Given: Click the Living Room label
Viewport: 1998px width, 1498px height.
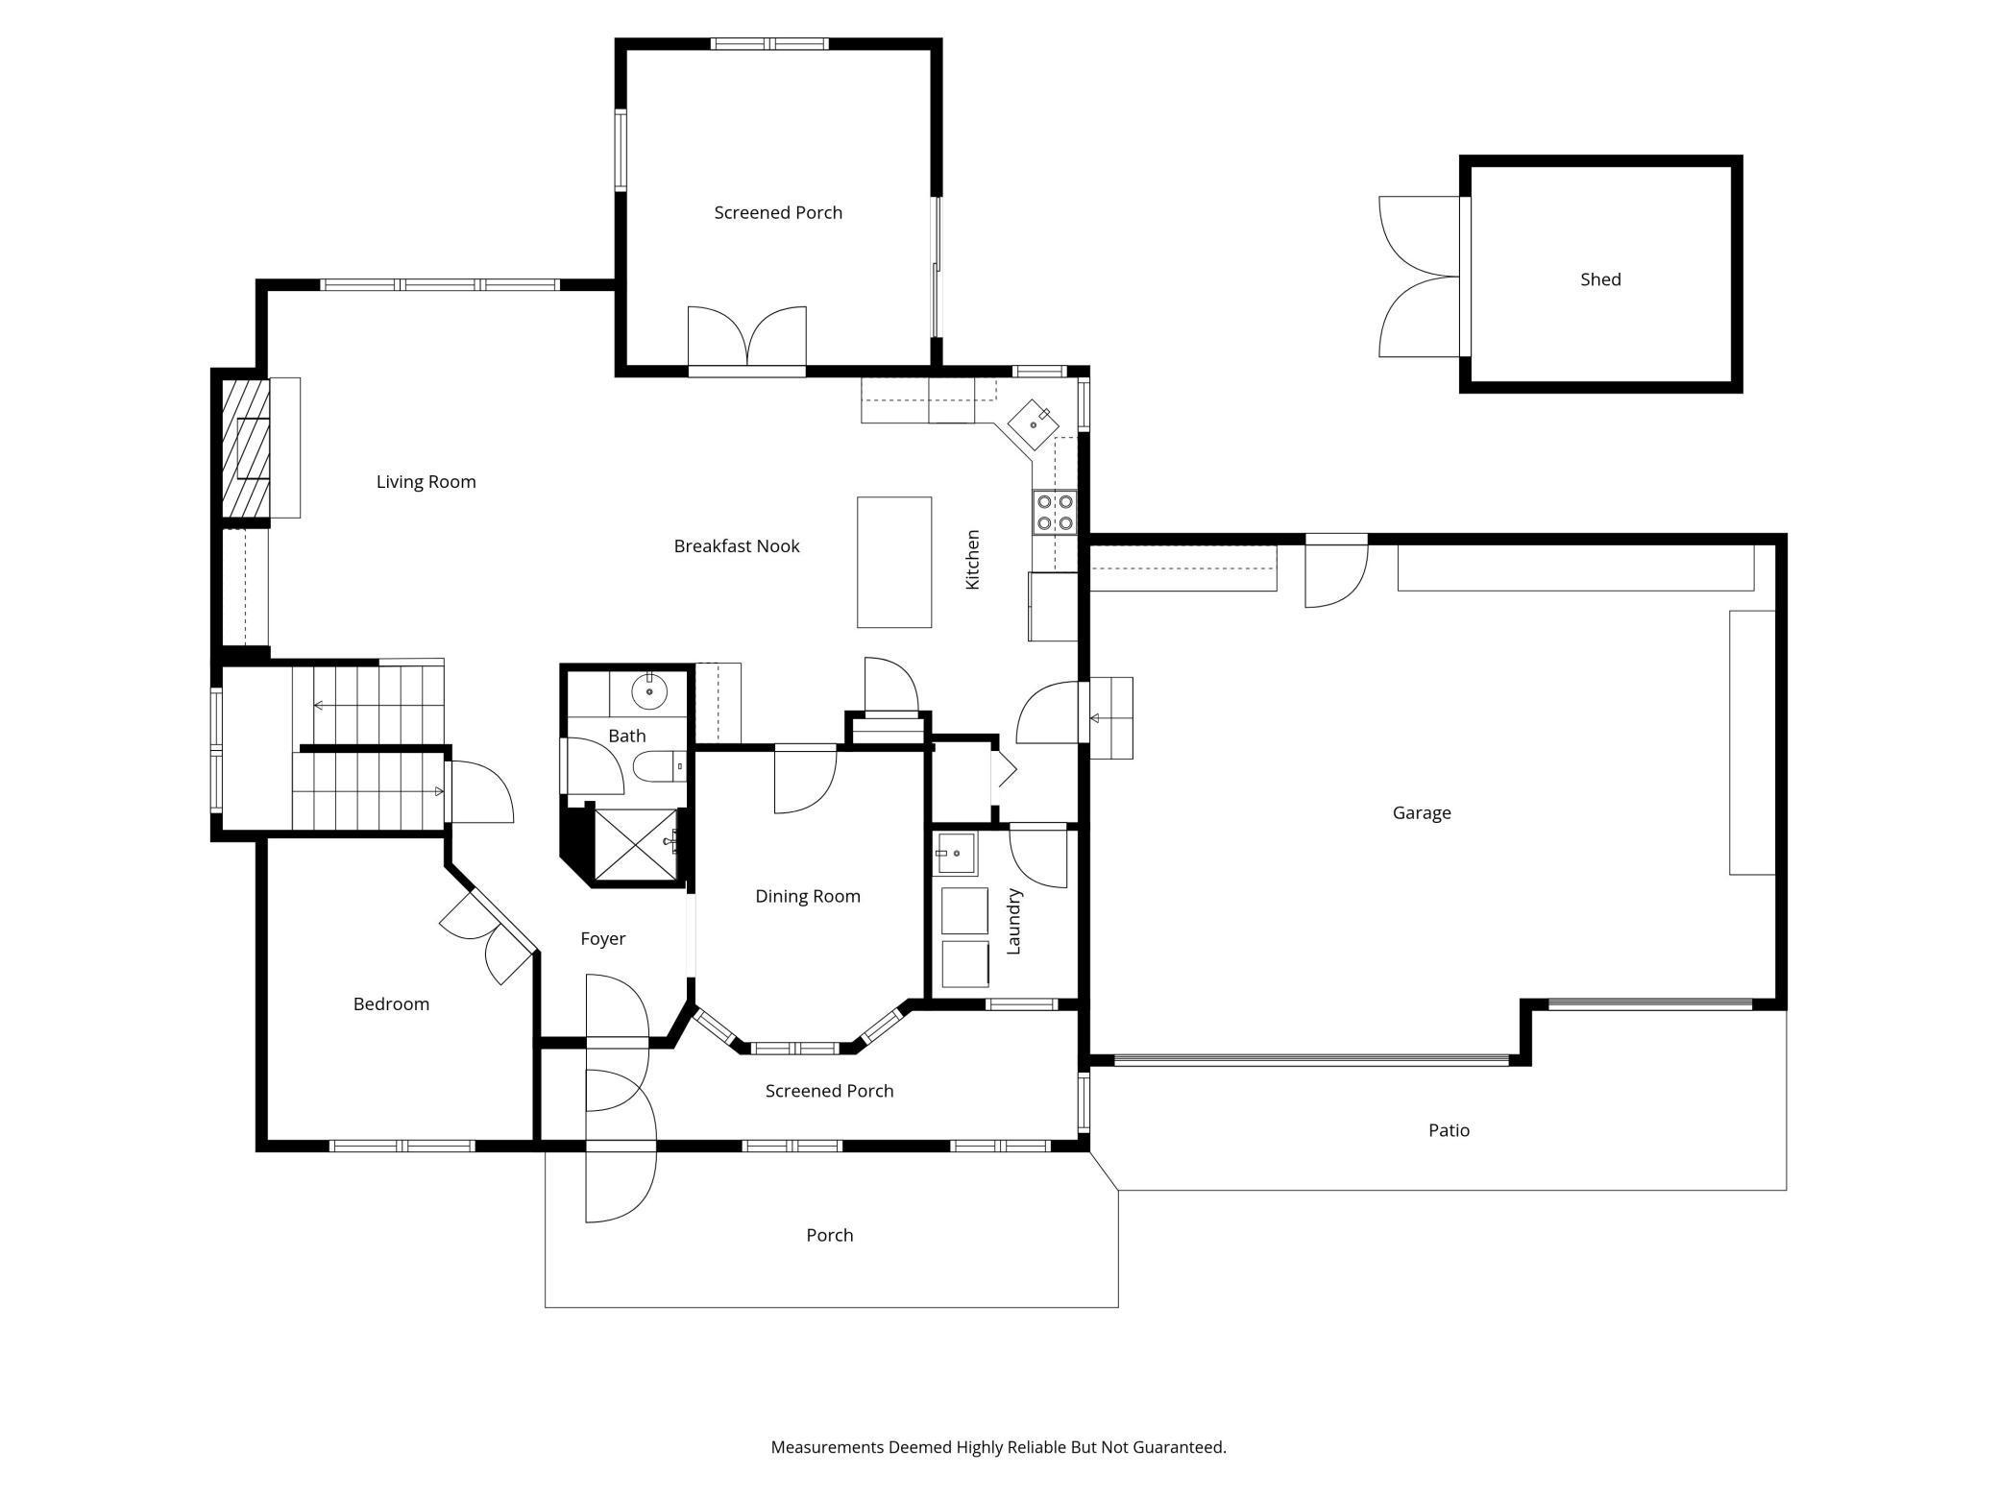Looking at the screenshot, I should (x=426, y=482).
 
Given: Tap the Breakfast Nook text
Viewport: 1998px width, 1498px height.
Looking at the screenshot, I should (x=737, y=546).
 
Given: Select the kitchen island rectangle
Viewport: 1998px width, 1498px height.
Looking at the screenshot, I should (x=893, y=562).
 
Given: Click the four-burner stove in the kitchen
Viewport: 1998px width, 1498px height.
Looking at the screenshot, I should (x=1054, y=512).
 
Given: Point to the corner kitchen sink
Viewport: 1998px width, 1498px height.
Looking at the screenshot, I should (x=1034, y=423).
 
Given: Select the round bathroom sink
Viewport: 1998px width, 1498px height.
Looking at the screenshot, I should (x=649, y=690).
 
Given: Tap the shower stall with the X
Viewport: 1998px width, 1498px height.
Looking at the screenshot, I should (x=635, y=844).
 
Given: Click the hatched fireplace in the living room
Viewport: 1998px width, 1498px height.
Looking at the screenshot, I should (x=245, y=448).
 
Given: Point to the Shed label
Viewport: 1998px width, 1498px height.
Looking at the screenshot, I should (x=1600, y=279).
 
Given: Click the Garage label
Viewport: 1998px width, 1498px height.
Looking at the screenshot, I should (x=1422, y=813).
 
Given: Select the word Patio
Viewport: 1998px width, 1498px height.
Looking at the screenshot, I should (x=1449, y=1130).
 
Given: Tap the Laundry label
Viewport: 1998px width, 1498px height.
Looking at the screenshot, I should (x=1013, y=922).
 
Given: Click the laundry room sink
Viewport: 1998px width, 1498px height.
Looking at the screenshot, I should (x=956, y=854).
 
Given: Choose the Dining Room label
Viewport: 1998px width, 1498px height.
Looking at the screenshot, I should (x=807, y=897).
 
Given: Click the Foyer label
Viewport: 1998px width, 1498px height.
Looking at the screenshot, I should (x=602, y=939).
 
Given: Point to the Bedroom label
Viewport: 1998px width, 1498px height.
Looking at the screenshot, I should (x=391, y=1004).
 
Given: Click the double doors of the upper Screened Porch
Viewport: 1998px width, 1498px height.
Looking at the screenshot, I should (x=746, y=338).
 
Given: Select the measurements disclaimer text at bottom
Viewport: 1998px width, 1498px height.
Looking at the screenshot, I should (x=998, y=1447).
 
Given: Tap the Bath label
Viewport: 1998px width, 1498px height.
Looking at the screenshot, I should (x=626, y=737).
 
